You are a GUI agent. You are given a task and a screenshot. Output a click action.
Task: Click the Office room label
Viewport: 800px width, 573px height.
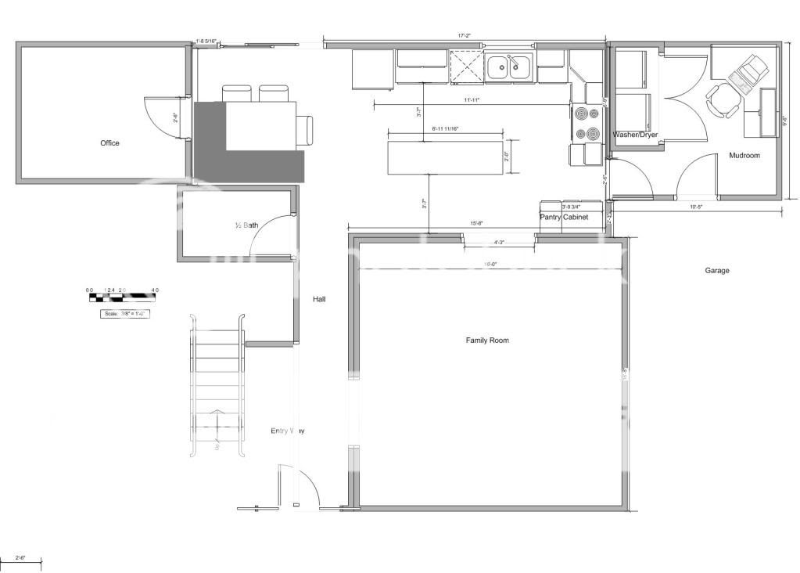point(109,143)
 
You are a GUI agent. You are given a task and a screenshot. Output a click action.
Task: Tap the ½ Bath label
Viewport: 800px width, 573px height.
point(247,225)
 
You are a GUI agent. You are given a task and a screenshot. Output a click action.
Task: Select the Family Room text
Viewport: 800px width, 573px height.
point(487,341)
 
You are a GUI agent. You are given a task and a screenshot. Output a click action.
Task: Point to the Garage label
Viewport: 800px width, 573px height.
point(717,271)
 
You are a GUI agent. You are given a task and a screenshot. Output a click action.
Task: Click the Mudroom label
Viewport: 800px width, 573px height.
point(744,156)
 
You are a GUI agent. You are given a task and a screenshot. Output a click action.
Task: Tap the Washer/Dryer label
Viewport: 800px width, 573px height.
point(635,135)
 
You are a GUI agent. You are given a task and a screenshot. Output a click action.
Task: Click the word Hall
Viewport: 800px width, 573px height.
point(319,299)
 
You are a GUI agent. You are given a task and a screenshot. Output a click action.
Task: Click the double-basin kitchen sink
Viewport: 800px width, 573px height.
point(509,68)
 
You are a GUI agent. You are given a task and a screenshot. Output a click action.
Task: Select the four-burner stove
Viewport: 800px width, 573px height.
point(587,124)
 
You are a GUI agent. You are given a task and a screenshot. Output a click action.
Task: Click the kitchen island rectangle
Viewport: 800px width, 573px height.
point(445,157)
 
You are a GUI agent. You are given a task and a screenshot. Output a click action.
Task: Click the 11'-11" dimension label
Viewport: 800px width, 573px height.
point(472,100)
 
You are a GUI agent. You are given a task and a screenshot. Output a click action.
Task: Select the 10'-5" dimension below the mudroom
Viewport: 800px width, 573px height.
point(698,207)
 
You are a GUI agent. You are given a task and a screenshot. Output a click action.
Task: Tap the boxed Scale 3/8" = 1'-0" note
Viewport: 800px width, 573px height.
point(124,314)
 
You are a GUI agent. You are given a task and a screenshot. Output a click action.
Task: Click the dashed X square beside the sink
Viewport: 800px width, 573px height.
point(467,67)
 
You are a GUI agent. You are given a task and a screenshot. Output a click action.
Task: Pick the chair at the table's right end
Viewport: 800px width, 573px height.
point(305,129)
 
